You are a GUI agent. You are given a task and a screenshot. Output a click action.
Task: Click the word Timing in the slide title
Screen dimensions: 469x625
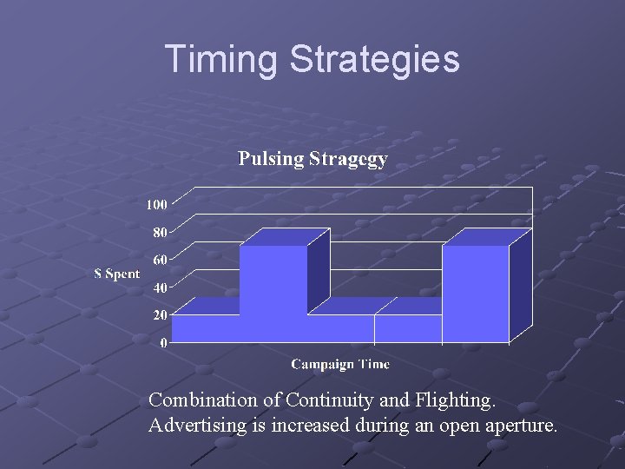click(x=220, y=59)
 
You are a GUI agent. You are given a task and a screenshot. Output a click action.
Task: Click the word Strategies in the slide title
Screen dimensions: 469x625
click(x=374, y=59)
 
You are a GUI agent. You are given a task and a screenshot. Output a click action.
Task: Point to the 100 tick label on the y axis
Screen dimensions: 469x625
click(x=156, y=205)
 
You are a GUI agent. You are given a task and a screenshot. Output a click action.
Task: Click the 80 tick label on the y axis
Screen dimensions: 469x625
click(x=160, y=233)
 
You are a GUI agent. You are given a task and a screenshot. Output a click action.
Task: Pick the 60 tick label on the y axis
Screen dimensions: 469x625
click(x=160, y=260)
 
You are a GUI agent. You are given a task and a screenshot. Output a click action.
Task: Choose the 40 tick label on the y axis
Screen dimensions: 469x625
click(x=160, y=287)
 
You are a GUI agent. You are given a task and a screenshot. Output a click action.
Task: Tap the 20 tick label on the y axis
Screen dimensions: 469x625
click(x=160, y=315)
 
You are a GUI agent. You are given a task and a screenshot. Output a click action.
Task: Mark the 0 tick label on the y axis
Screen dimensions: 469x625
click(x=164, y=343)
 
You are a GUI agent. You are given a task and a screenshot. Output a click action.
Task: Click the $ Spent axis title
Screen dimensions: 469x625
click(x=116, y=274)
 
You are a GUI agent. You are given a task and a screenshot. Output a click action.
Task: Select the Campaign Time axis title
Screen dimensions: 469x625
click(x=340, y=365)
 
